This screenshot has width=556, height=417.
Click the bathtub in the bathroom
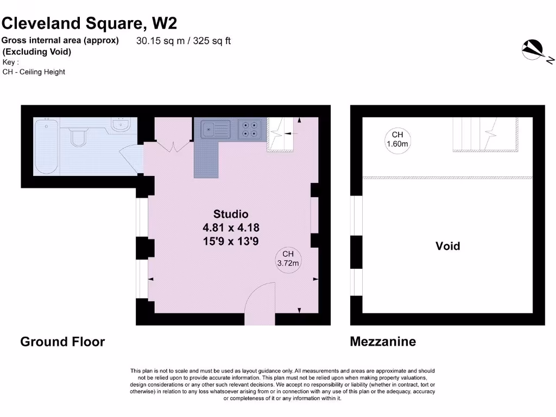pyautogui.click(x=46, y=147)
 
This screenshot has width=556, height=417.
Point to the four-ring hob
pyautogui.click(x=250, y=129)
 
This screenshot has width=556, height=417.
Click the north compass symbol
pyautogui.click(x=534, y=50)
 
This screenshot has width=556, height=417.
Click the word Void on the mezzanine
pyautogui.click(x=447, y=246)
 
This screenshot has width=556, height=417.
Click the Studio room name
pyautogui.click(x=231, y=214)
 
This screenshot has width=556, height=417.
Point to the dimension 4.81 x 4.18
pyautogui.click(x=231, y=228)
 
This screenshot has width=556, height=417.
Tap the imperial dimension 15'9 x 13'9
pyautogui.click(x=231, y=241)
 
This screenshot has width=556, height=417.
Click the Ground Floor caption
pyautogui.click(x=62, y=342)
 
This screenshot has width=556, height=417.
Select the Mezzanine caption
pyautogui.click(x=383, y=342)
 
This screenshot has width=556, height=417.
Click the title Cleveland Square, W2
pyautogui.click(x=89, y=23)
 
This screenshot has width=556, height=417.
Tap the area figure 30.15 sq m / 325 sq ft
pyautogui.click(x=183, y=41)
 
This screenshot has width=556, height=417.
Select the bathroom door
pyautogui.click(x=132, y=157)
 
